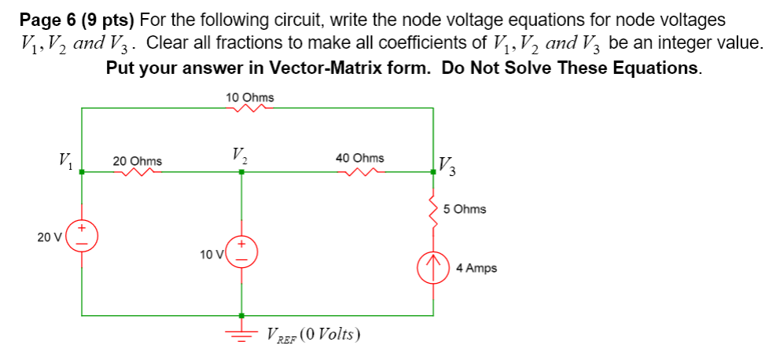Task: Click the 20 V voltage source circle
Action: pos(83,235)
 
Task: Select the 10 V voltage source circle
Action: pos(241,250)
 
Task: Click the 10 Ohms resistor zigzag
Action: pos(248,109)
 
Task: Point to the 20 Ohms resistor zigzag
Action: pos(138,173)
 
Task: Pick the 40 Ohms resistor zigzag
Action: pos(360,173)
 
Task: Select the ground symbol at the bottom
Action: pos(241,333)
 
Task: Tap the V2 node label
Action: pos(241,155)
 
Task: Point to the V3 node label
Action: pos(447,166)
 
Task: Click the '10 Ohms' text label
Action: pos(249,97)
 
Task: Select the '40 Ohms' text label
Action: pos(360,158)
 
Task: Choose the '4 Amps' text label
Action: pos(476,268)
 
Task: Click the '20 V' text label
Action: pos(49,236)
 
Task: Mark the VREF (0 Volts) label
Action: pos(313,334)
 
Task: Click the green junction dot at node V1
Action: pos(83,173)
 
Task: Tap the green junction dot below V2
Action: pos(241,173)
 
